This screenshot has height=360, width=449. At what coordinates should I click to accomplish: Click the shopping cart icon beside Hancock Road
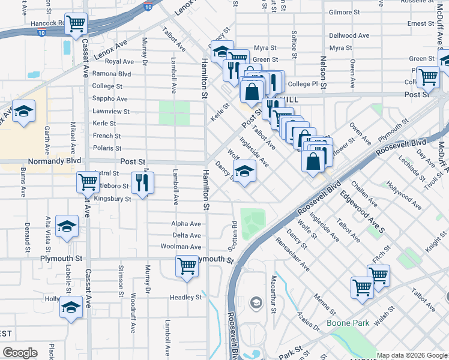[76, 25]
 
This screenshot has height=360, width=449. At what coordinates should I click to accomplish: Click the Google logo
[20, 353]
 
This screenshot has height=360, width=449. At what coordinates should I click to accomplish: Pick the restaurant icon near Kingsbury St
[142, 183]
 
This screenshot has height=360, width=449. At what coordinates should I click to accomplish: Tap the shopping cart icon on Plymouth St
[187, 266]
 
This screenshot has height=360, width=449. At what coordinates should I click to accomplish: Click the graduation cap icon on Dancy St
[244, 172]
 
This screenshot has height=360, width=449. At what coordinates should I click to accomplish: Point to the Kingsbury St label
[112, 199]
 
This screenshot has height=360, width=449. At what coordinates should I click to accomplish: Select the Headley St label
[185, 297]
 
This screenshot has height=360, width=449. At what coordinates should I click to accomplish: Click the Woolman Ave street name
[181, 247]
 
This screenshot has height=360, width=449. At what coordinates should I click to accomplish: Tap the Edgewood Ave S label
[362, 204]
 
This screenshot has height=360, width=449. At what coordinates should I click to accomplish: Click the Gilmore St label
[344, 12]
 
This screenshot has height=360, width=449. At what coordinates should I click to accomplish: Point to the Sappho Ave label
[109, 99]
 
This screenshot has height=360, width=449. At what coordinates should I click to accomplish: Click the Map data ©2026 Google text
[411, 355]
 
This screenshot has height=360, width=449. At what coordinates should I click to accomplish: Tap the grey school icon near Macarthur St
[256, 301]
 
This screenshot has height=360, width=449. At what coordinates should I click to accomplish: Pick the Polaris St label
[107, 148]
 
